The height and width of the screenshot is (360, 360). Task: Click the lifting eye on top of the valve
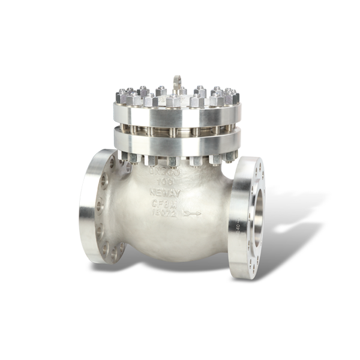(177, 82)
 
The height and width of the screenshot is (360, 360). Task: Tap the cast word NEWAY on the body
(163, 193)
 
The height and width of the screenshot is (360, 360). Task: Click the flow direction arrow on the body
(193, 213)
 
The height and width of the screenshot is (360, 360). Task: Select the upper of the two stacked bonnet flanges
(177, 115)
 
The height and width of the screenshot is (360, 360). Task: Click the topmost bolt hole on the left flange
(112, 163)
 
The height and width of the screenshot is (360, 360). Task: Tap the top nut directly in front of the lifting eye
(174, 100)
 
